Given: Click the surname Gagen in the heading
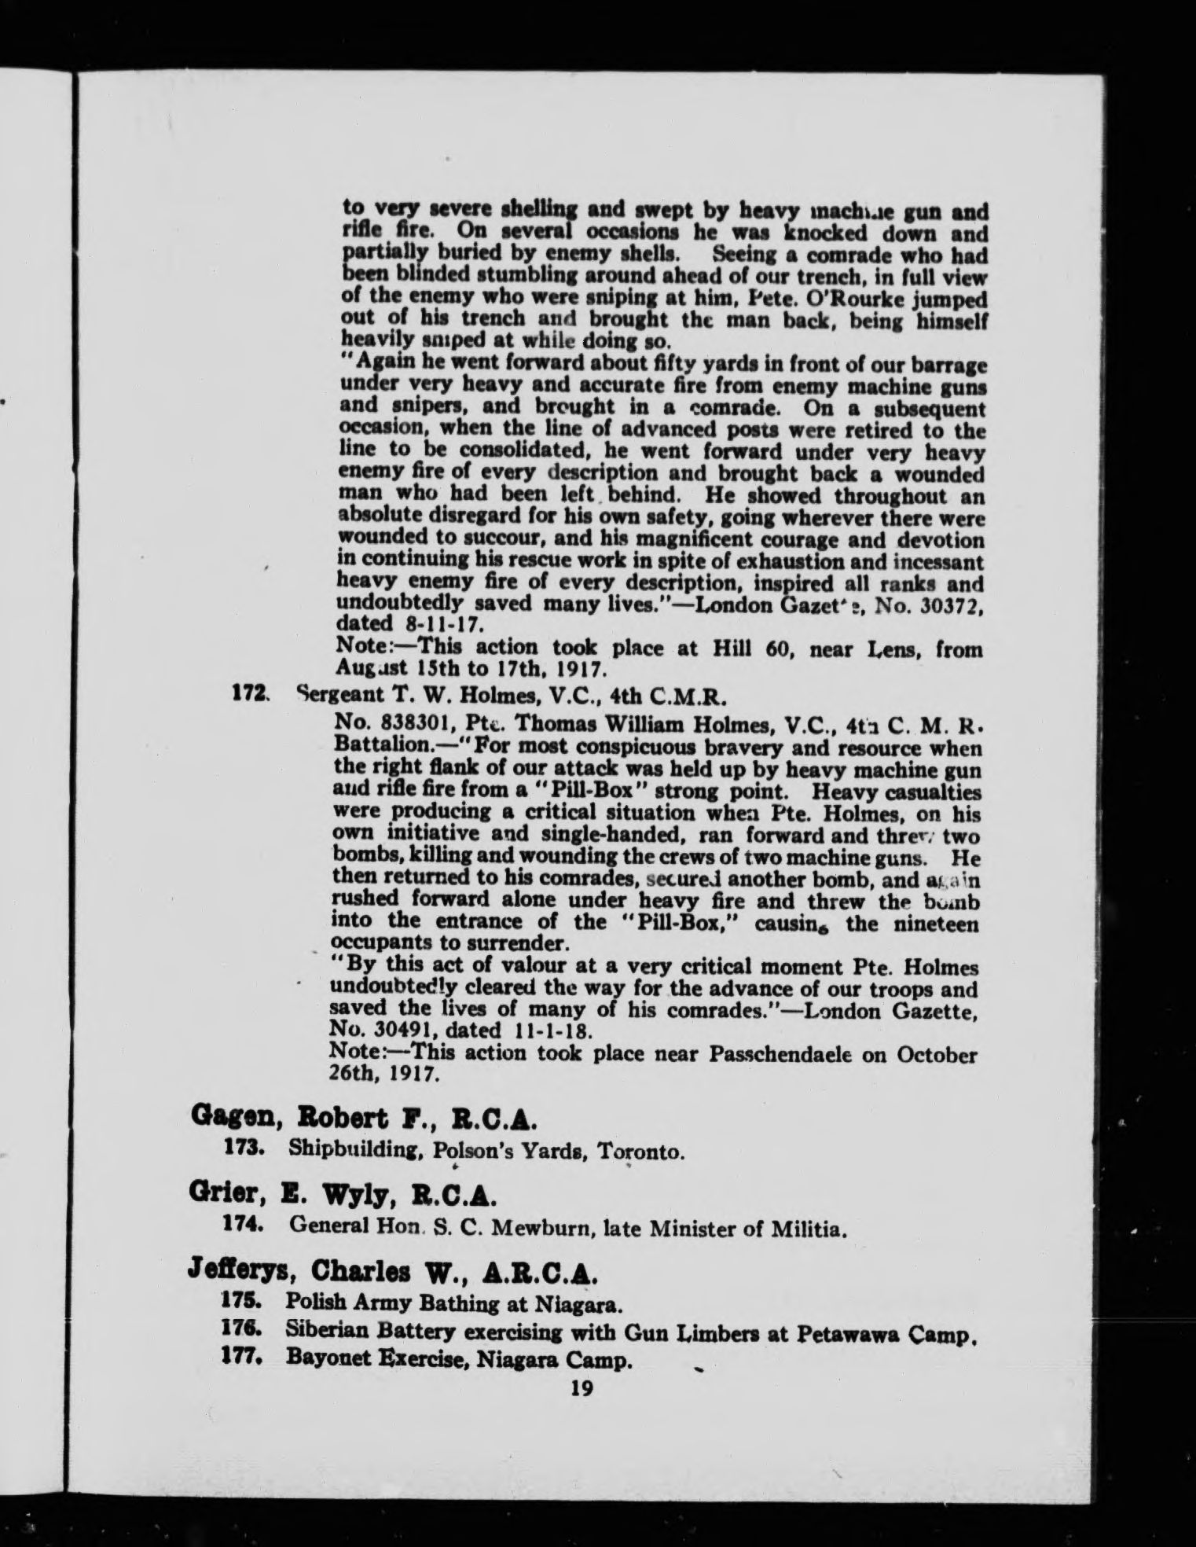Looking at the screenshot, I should (x=227, y=1118).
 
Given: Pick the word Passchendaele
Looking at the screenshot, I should (x=776, y=1054).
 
